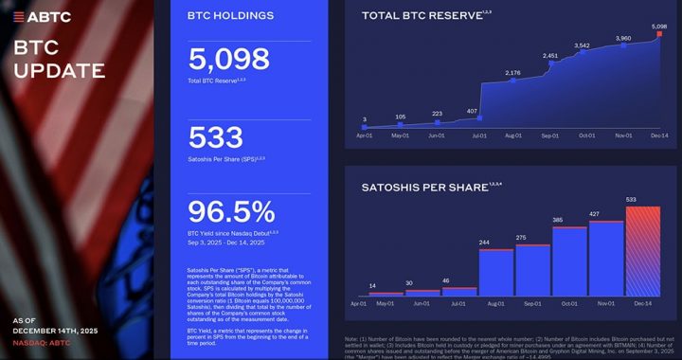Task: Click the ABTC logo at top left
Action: click(43, 17)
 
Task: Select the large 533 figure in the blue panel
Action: click(216, 137)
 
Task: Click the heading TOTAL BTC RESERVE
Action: click(419, 16)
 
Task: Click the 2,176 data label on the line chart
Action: click(512, 73)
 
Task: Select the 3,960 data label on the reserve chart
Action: click(622, 39)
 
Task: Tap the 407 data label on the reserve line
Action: click(473, 111)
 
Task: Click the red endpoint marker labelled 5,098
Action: click(659, 35)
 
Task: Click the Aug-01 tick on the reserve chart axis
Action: click(513, 136)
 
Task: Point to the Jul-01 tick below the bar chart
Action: click(458, 303)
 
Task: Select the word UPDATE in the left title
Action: click(59, 70)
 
